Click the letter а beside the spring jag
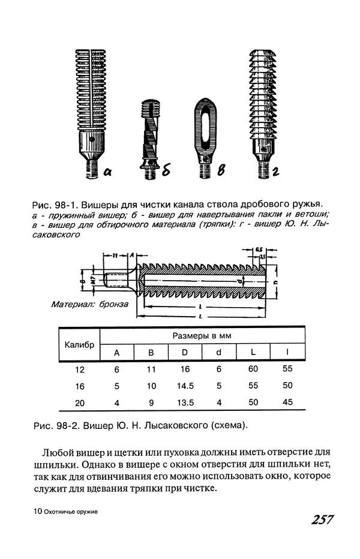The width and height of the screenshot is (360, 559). pyautogui.click(x=108, y=172)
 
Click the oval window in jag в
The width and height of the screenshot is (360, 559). pyautogui.click(x=205, y=127)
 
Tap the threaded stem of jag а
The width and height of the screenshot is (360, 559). pyautogui.click(x=92, y=167)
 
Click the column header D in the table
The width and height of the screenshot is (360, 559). pyautogui.click(x=185, y=353)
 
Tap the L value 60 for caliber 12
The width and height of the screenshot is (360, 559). pyautogui.click(x=253, y=369)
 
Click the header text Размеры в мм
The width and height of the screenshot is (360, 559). pyautogui.click(x=202, y=335)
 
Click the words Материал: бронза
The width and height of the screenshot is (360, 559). pyautogui.click(x=89, y=304)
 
